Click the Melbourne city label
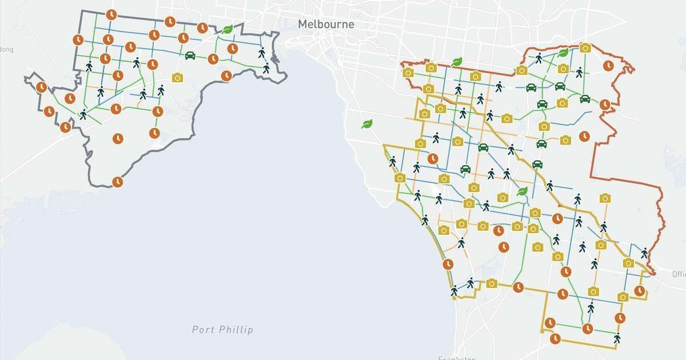pos(325,25)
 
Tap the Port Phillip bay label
pos(222,329)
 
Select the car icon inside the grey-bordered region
pos(190,55)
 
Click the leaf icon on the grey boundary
pos(228,29)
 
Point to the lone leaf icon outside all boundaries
pos(367,123)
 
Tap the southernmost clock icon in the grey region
pos(117,182)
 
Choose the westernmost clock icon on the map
pos(41,87)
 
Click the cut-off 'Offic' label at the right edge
pos(679,273)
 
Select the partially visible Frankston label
pos(457,358)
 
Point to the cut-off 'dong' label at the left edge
pos(6,49)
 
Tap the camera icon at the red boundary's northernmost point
pos(585,48)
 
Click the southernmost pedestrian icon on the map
pos(617,338)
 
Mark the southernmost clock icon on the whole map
pos(555,339)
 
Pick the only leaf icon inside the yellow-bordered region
pos(522,191)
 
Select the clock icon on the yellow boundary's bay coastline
pos(448,265)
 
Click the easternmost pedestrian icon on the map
pos(644,253)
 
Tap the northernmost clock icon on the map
pos(111,14)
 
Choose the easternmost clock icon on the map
pos(640,291)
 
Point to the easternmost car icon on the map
pos(585,98)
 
